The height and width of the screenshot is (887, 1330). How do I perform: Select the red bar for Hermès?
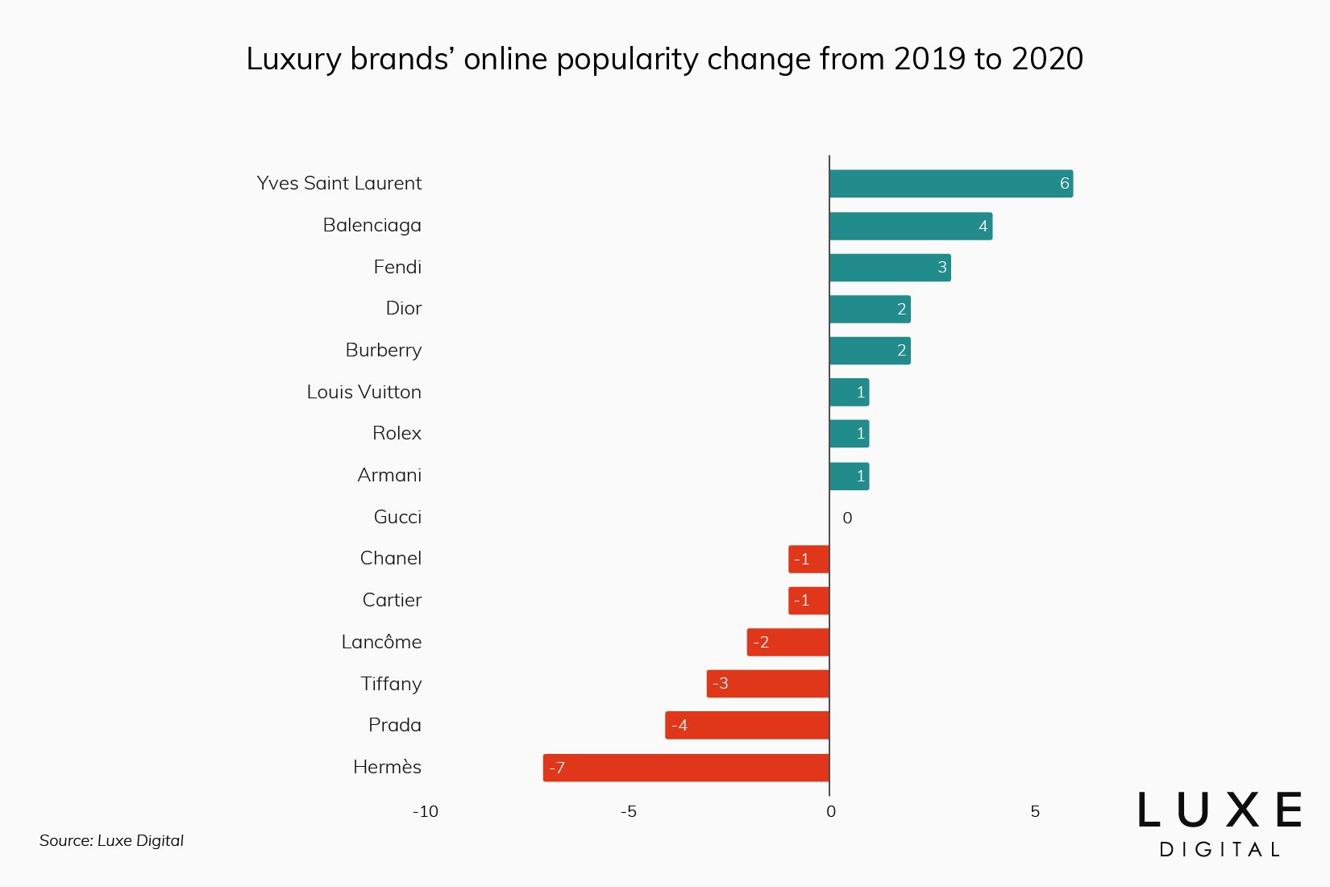click(x=686, y=768)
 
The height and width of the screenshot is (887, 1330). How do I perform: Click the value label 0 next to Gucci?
click(x=847, y=518)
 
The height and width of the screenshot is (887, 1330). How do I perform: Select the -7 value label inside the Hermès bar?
click(x=557, y=768)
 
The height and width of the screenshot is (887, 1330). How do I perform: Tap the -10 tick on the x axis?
click(x=426, y=811)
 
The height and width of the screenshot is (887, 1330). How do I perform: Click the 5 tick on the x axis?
click(x=1035, y=811)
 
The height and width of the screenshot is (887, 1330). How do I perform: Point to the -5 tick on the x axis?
click(x=629, y=811)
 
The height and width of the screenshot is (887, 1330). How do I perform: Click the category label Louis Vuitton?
click(x=364, y=392)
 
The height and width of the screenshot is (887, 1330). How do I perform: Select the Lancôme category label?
click(x=381, y=642)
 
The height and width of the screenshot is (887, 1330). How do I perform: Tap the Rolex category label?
click(x=397, y=433)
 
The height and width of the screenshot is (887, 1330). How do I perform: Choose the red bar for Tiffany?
click(x=767, y=684)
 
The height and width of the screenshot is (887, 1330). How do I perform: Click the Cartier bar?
click(x=808, y=601)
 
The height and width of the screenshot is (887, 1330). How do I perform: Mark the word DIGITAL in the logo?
click(x=1219, y=849)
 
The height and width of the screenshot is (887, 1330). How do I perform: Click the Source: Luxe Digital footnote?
click(x=111, y=840)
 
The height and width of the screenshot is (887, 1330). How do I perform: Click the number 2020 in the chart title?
click(x=1047, y=59)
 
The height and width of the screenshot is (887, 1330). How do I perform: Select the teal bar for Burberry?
click(x=869, y=351)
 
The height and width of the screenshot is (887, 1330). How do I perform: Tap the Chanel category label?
click(x=390, y=558)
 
